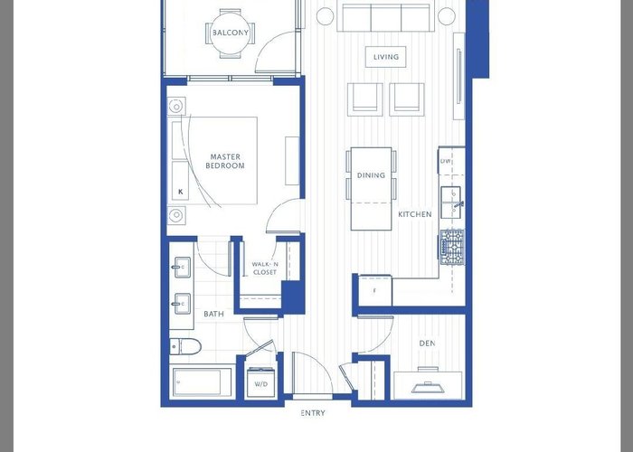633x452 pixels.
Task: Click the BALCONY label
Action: (x=231, y=33)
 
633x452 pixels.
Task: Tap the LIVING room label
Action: (x=386, y=57)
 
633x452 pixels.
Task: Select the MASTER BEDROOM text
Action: (x=225, y=161)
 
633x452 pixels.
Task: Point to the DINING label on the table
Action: (x=371, y=175)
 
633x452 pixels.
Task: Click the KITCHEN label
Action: (x=415, y=214)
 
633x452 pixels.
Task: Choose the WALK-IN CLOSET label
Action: (x=265, y=268)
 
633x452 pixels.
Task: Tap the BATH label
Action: (x=213, y=314)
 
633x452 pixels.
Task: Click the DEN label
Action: (x=427, y=344)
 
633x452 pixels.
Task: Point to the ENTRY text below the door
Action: (x=313, y=413)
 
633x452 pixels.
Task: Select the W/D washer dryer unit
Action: (x=260, y=382)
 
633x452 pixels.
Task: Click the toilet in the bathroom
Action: (x=184, y=346)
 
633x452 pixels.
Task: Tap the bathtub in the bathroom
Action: (x=202, y=381)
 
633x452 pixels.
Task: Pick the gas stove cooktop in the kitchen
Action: (x=452, y=247)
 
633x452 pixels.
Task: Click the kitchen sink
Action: (x=451, y=202)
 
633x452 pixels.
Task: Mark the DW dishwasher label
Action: (x=445, y=161)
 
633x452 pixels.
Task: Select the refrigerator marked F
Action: (x=374, y=290)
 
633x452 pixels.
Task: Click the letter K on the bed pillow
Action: (x=181, y=192)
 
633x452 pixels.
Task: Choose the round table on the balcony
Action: (x=231, y=33)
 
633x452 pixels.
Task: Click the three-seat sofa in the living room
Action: (x=385, y=17)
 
